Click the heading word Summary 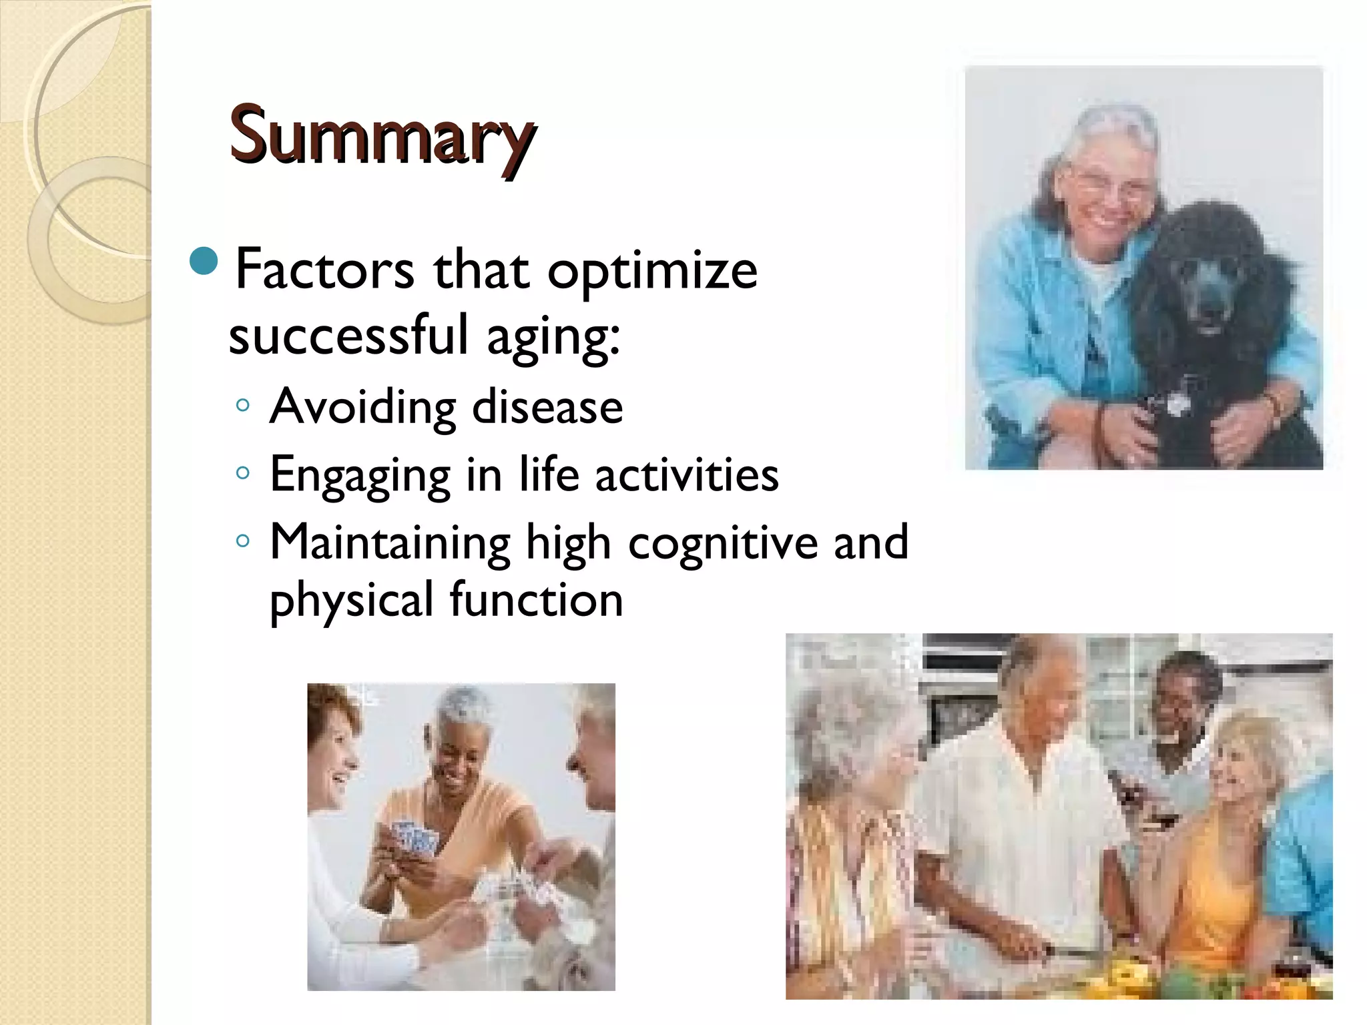381,137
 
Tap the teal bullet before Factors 204,261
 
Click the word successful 348,336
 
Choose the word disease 547,406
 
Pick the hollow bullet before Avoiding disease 243,405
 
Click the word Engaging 360,476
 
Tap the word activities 687,474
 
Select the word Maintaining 390,543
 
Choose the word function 537,599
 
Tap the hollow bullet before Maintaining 243,541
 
